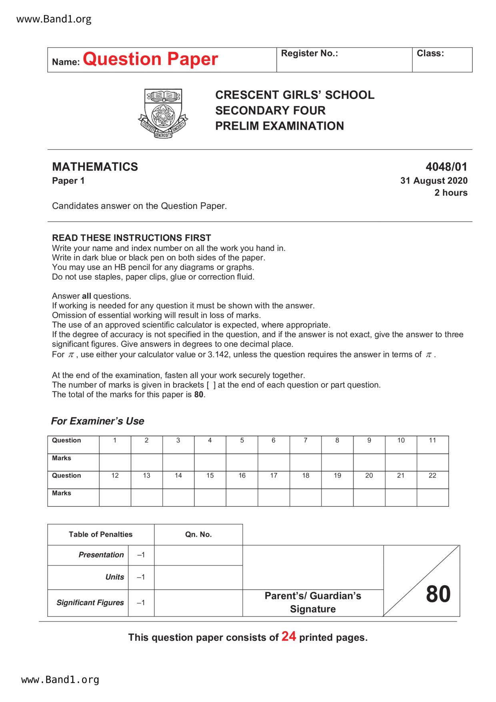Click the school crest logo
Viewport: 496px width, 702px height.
click(x=163, y=113)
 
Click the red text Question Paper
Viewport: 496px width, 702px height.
click(x=150, y=59)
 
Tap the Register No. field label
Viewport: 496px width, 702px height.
click(x=309, y=54)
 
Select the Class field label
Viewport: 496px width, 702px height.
click(x=430, y=54)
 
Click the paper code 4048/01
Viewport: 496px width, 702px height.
click(x=446, y=167)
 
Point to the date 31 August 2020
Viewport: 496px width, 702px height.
click(x=434, y=181)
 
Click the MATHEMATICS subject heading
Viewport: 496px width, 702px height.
click(x=95, y=167)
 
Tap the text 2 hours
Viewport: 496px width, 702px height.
click(x=451, y=193)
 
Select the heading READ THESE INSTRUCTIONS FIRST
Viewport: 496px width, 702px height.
click(x=132, y=238)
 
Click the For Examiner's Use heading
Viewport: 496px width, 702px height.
click(x=98, y=421)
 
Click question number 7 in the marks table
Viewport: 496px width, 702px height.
click(x=305, y=441)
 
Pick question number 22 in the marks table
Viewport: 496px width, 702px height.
click(x=432, y=476)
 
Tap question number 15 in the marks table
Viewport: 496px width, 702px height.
click(x=210, y=476)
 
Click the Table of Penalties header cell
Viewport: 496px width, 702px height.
click(x=100, y=535)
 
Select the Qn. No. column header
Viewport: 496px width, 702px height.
click(x=198, y=535)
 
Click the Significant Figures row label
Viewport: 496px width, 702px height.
click(x=90, y=603)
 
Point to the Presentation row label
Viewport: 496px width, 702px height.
click(x=101, y=555)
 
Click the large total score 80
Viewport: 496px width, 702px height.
click(x=438, y=594)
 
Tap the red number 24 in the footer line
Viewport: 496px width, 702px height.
click(x=288, y=636)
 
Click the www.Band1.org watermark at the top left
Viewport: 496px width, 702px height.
click(x=54, y=19)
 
